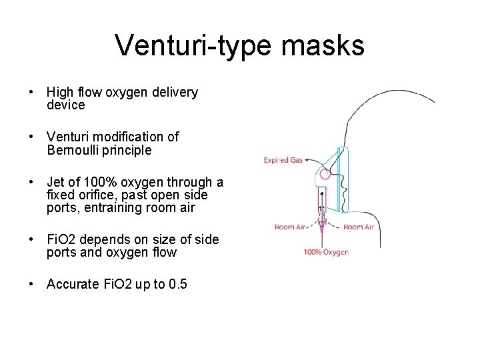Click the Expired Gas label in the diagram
pos(285,160)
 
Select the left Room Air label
pos(291,227)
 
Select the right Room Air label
pos(359,227)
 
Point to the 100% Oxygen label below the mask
pos(325,252)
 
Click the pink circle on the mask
pos(325,174)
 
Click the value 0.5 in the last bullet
pos(178,285)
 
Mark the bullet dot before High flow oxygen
pos(32,93)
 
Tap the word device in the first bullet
pos(66,105)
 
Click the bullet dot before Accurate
pos(32,285)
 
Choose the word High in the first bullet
pos(61,93)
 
